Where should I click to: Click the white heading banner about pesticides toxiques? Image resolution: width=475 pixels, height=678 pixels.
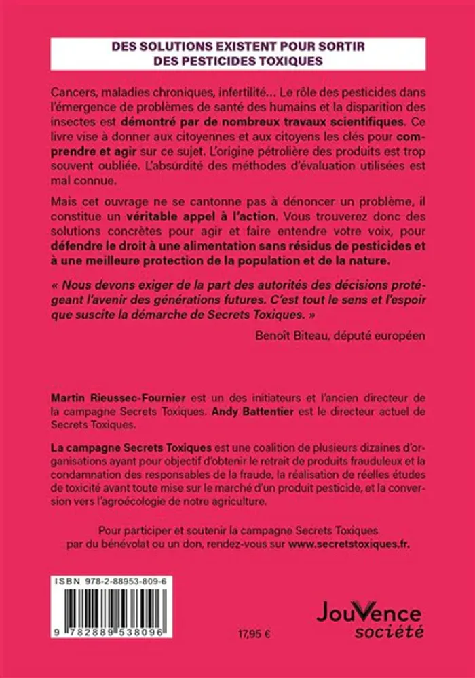click(x=237, y=53)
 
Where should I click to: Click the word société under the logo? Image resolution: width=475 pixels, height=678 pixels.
click(x=396, y=632)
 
